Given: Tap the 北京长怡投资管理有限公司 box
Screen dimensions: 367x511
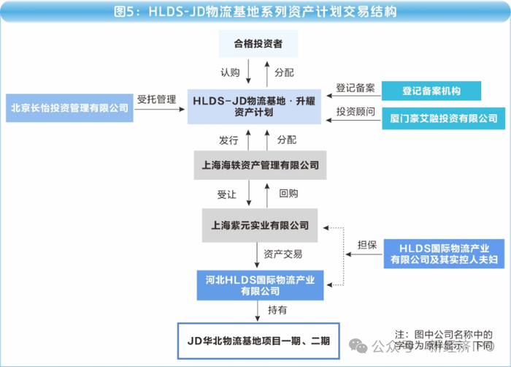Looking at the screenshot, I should coord(69,107).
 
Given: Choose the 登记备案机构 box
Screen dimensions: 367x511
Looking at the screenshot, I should coord(431,91).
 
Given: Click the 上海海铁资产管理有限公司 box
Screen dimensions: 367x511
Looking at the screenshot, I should coord(260,165).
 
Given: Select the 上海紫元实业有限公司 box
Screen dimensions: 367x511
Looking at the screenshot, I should coord(260,224).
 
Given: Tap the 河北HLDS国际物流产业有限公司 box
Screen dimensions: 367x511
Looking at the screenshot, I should coord(261,284).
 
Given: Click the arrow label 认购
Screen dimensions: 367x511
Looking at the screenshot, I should coord(230,73).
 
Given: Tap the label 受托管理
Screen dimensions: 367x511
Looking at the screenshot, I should coord(156,99).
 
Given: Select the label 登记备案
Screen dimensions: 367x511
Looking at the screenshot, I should coord(356,87).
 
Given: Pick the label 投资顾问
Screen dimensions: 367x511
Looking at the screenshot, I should coord(356,112).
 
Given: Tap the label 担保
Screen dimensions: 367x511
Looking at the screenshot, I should coord(366,244).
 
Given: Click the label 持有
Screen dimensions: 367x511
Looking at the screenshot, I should coord(277,311).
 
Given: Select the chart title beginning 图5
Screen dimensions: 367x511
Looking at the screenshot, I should coord(255,12).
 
